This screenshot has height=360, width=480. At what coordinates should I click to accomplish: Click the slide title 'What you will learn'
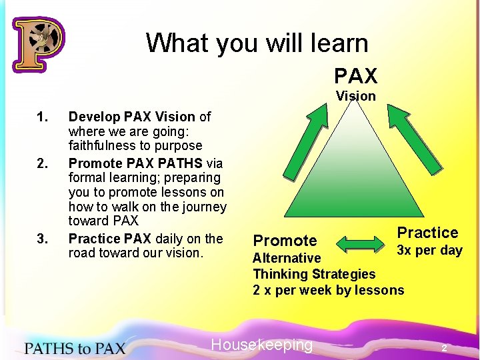(x=257, y=43)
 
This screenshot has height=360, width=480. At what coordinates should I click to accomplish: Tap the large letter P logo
(x=38, y=44)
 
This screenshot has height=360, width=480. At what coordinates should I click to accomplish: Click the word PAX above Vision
(x=355, y=75)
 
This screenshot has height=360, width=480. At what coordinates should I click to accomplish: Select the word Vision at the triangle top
(x=355, y=96)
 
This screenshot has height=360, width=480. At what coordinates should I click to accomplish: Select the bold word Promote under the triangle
(x=285, y=240)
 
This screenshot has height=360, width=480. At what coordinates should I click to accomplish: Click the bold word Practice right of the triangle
(x=427, y=233)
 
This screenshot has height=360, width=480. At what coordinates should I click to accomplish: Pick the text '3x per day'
(x=429, y=251)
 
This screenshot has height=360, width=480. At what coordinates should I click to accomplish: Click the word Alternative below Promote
(x=287, y=258)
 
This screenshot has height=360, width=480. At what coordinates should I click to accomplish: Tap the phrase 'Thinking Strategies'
(x=314, y=274)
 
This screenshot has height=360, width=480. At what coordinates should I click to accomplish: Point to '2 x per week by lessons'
(x=328, y=290)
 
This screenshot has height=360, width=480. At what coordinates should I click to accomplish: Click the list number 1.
(x=43, y=117)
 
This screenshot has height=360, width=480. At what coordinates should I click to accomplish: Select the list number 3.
(x=43, y=239)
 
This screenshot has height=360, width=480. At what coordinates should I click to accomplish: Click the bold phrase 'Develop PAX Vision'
(x=132, y=117)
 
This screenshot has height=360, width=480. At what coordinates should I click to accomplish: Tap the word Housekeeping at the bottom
(x=261, y=345)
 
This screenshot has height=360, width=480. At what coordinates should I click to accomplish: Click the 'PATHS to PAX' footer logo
(x=75, y=347)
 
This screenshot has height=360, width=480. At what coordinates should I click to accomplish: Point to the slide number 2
(x=444, y=349)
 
